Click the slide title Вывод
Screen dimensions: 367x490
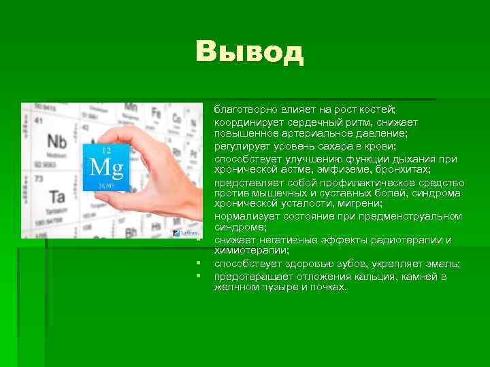pyautogui.click(x=249, y=52)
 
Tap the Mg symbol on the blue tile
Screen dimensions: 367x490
pyautogui.click(x=107, y=167)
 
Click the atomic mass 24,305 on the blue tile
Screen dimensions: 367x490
pyautogui.click(x=106, y=185)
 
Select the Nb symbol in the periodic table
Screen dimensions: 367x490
pyautogui.click(x=57, y=142)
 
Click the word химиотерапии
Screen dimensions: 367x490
pyautogui.click(x=246, y=250)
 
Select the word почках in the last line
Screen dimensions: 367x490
pyautogui.click(x=329, y=287)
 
